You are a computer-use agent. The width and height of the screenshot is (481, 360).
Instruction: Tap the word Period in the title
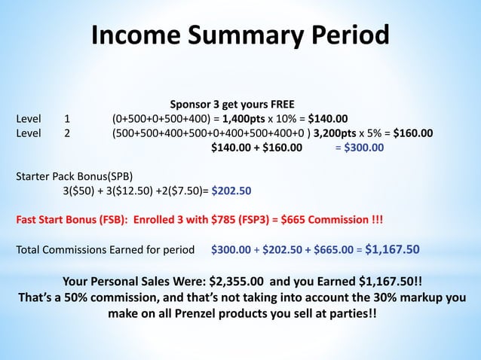tap(348, 35)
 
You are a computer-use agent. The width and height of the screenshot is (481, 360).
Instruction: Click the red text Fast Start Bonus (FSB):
tap(77, 221)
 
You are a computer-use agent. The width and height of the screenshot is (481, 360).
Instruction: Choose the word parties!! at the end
tap(344, 312)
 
